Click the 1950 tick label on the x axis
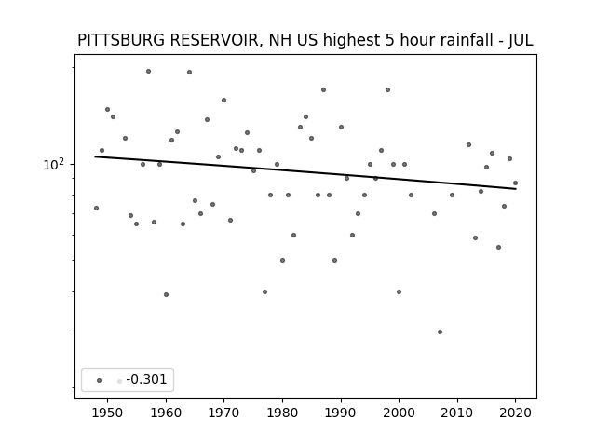point(108,413)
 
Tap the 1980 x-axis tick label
point(282,413)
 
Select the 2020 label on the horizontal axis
point(515,413)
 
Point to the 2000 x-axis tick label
point(399,413)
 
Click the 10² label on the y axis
point(54,165)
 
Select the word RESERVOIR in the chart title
point(215,40)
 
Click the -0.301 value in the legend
point(146,379)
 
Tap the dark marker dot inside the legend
point(100,380)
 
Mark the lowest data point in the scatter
point(440,332)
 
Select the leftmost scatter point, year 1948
point(96,208)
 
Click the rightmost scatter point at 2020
point(515,183)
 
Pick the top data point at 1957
point(149,71)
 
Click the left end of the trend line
point(95,156)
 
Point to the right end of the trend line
point(516,189)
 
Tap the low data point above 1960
point(166,294)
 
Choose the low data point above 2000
point(399,291)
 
